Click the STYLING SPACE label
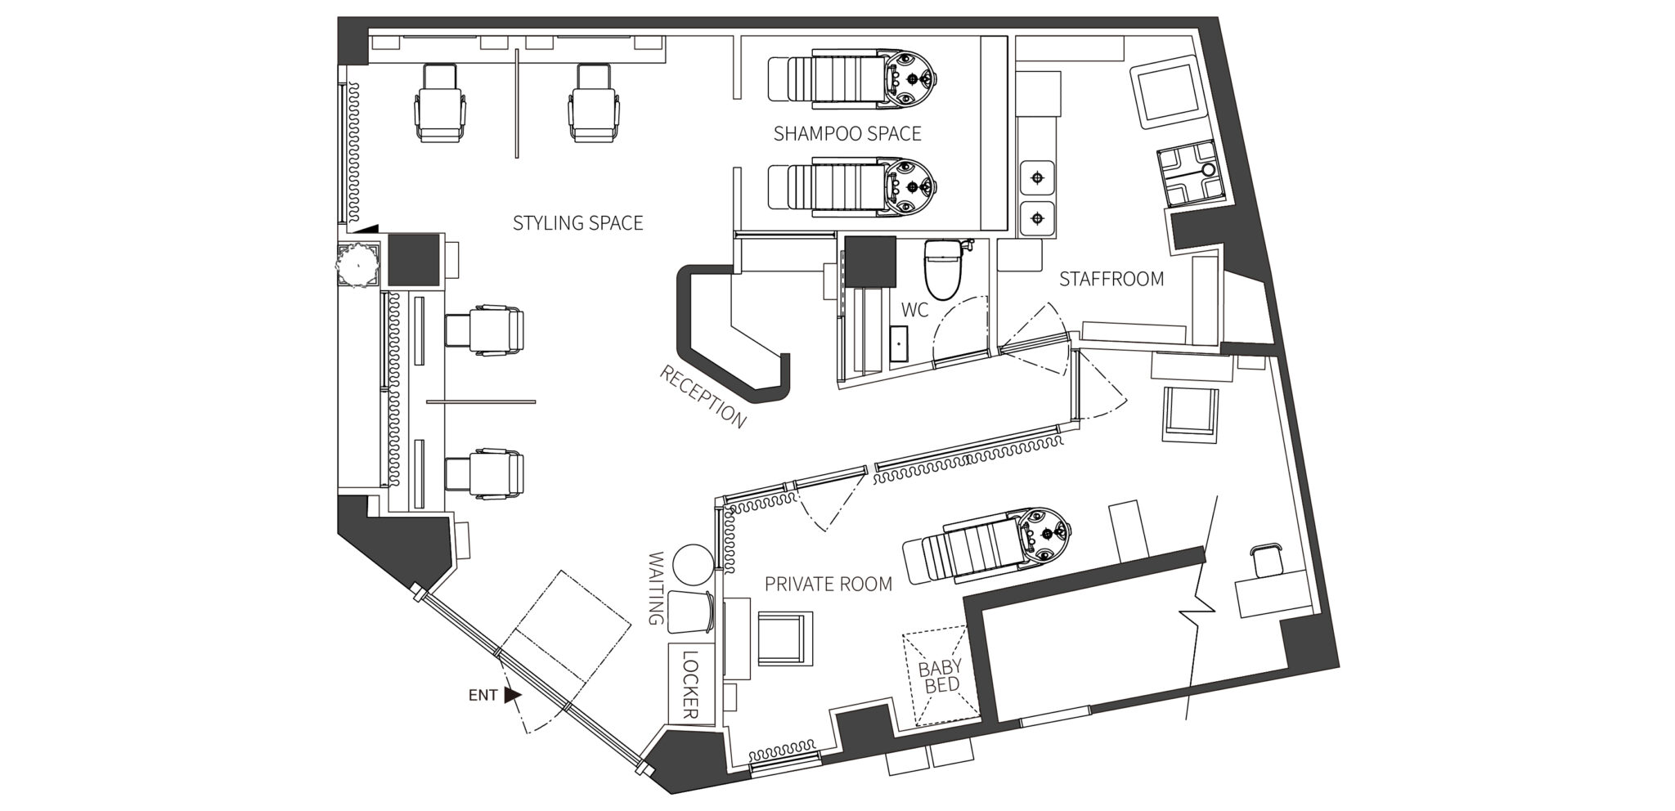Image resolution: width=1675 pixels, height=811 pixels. point(577,222)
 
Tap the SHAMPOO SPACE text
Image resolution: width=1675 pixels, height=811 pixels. point(847,133)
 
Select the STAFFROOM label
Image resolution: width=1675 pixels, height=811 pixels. point(1111,279)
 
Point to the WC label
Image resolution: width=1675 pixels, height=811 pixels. point(914,310)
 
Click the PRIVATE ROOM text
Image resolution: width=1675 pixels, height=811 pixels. point(828,584)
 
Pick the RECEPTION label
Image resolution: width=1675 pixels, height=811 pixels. point(703,397)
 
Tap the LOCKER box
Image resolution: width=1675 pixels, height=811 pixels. point(689,685)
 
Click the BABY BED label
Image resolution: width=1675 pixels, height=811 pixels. point(940,677)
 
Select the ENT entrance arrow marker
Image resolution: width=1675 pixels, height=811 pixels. point(512,695)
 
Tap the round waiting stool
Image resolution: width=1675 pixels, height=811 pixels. point(692,564)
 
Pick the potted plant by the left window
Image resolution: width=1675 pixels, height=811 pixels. point(357,263)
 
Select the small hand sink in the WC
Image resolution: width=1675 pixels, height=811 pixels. point(900,343)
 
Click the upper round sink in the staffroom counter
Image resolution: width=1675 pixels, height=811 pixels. point(1037,177)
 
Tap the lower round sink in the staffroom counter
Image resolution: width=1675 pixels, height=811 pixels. point(1037,218)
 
